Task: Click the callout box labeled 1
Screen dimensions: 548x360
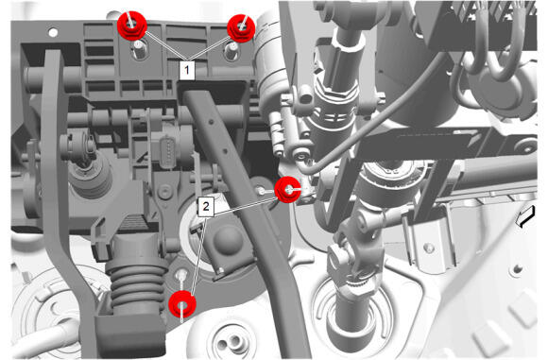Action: pyautogui.click(x=187, y=70)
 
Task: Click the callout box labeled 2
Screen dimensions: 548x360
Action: pyautogui.click(x=206, y=206)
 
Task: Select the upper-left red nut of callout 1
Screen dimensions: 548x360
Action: pyautogui.click(x=131, y=26)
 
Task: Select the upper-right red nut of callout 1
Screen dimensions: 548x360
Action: pyautogui.click(x=241, y=28)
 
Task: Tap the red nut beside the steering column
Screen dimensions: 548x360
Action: pyautogui.click(x=287, y=190)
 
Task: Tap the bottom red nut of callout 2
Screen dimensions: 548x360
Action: pyautogui.click(x=182, y=304)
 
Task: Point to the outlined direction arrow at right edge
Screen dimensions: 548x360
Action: pyautogui.click(x=525, y=216)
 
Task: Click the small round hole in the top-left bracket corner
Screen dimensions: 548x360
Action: pyautogui.click(x=53, y=32)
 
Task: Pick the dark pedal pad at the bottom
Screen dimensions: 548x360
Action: pyautogui.click(x=130, y=334)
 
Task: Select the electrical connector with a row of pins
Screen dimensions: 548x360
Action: pyautogui.click(x=168, y=149)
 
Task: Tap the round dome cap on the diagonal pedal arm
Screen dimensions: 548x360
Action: pyautogui.click(x=228, y=239)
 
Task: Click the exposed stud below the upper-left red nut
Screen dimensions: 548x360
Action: pyautogui.click(x=139, y=51)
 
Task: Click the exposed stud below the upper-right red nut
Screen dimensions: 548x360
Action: pyautogui.click(x=231, y=51)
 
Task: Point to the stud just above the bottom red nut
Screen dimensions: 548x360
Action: pyautogui.click(x=181, y=275)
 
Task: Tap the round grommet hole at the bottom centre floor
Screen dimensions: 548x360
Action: pyautogui.click(x=230, y=341)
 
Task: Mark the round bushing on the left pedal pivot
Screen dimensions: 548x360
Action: pyautogui.click(x=77, y=146)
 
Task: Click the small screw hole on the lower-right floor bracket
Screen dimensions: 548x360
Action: pyautogui.click(x=429, y=249)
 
